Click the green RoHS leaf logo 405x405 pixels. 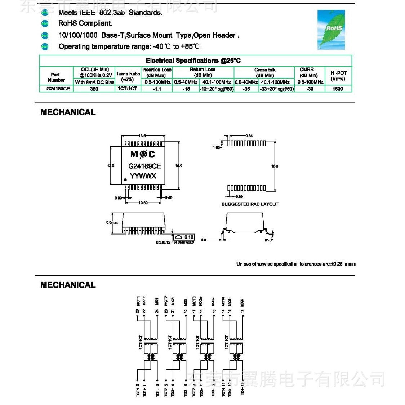pyautogui.click(x=331, y=30)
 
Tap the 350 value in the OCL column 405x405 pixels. pyautogui.click(x=94, y=89)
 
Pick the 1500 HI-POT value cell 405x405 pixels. pyautogui.click(x=338, y=89)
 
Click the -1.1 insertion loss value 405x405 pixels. pyautogui.click(x=157, y=89)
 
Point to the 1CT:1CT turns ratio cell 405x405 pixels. pyautogui.click(x=128, y=89)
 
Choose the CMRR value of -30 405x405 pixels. pyautogui.click(x=310, y=89)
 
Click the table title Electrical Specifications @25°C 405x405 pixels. pyautogui.click(x=193, y=61)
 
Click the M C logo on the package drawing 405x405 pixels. pyautogui.click(x=143, y=155)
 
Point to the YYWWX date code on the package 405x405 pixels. pyautogui.click(x=143, y=176)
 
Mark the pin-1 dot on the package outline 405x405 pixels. pyautogui.click(x=125, y=179)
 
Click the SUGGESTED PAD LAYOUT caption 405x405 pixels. pyautogui.click(x=250, y=204)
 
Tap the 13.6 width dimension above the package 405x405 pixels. pyautogui.click(x=142, y=136)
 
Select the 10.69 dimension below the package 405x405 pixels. pyautogui.click(x=143, y=203)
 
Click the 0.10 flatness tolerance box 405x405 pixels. pyautogui.click(x=189, y=237)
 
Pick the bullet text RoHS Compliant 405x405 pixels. pyautogui.click(x=85, y=23)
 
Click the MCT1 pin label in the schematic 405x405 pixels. pyautogui.click(x=138, y=301)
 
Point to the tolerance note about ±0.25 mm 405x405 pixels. pyautogui.click(x=296, y=264)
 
